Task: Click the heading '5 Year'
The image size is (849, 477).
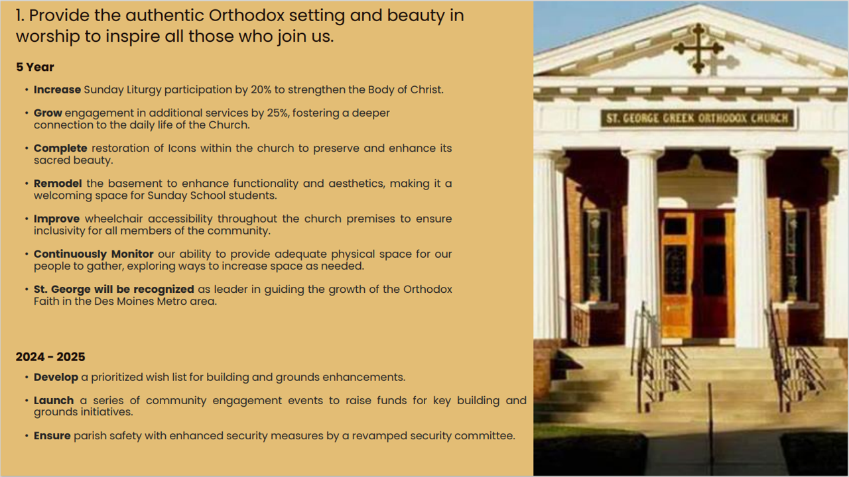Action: click(35, 67)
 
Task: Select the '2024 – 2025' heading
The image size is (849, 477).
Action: click(50, 356)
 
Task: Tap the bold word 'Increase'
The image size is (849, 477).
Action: click(57, 89)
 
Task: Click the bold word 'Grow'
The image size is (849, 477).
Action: click(48, 113)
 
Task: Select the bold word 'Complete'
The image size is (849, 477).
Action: click(60, 148)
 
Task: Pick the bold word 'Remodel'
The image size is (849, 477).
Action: click(58, 184)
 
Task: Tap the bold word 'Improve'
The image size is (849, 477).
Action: click(57, 219)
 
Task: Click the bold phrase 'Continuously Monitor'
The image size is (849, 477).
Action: click(94, 254)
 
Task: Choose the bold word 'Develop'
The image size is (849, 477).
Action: click(56, 378)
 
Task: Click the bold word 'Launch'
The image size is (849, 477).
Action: click(54, 401)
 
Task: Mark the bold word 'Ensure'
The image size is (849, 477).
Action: click(52, 436)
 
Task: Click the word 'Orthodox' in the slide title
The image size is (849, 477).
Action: click(247, 15)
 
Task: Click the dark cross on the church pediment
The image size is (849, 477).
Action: click(698, 48)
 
